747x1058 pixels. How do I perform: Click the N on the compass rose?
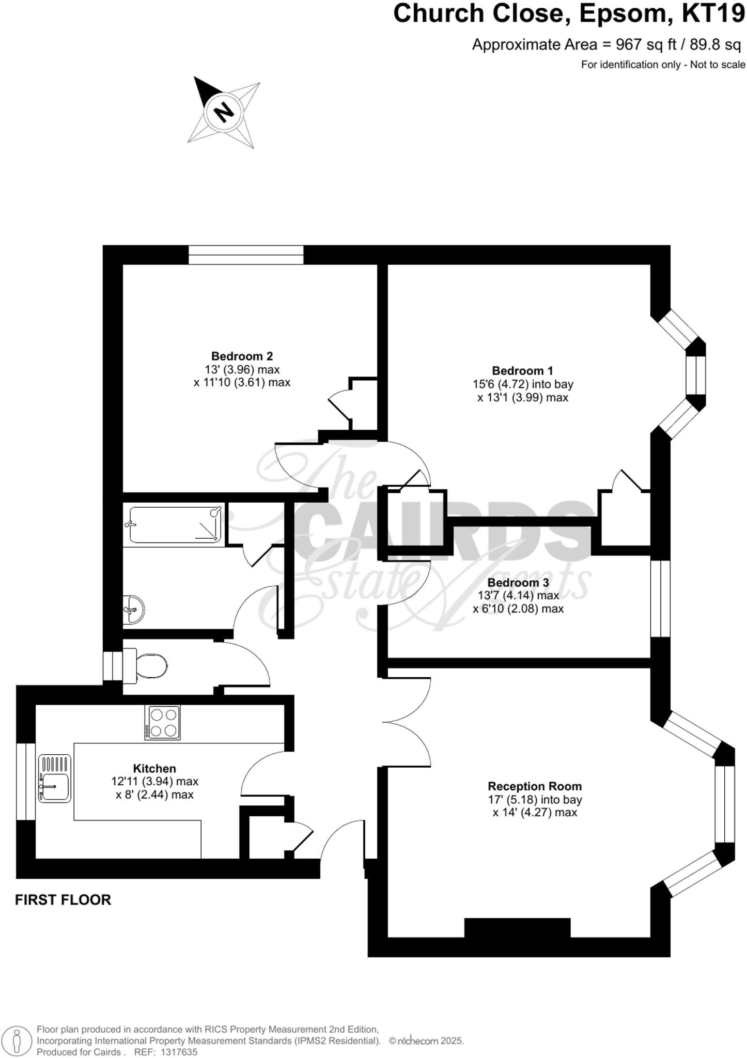coord(224,112)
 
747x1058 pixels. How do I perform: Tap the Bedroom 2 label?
coord(242,356)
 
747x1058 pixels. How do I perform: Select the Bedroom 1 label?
coord(522,370)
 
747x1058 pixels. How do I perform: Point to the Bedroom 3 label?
coord(518,582)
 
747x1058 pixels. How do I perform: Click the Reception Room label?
coord(535,786)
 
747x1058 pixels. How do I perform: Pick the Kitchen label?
coord(154,768)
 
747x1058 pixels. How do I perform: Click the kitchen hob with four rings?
coord(162,723)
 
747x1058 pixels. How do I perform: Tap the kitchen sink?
coord(54,779)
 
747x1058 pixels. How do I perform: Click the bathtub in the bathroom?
coord(176,525)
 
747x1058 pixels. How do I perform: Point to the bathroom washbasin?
coord(134,609)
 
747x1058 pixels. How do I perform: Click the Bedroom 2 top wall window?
coord(246,255)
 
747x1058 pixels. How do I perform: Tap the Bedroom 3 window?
coord(660,599)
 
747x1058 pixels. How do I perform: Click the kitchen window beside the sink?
coord(25,781)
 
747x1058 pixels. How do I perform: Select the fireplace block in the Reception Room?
coord(517,927)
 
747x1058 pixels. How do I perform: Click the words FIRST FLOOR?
coord(63,899)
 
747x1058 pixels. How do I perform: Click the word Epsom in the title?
coord(623,14)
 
